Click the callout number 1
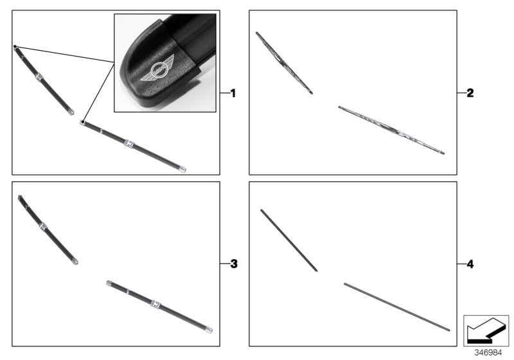tap(233, 93)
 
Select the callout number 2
tap(470, 93)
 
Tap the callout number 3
tap(233, 264)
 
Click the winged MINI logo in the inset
tap(156, 72)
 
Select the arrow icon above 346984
tap(486, 330)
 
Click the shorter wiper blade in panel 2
tap(284, 63)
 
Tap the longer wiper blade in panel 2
tap(391, 130)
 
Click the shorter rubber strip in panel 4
tap(288, 240)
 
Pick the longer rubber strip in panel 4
tap(396, 307)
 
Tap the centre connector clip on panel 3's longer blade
tap(155, 303)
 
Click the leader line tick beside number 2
tap(461, 93)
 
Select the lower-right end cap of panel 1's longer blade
tap(184, 170)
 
